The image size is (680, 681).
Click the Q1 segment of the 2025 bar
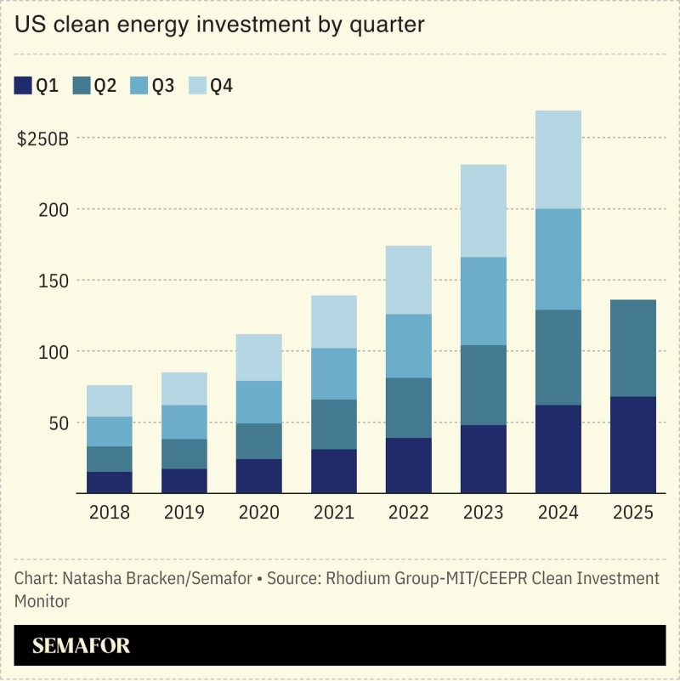pyautogui.click(x=633, y=445)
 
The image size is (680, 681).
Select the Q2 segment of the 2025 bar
pyautogui.click(x=633, y=348)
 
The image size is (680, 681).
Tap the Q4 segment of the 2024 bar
pyautogui.click(x=558, y=159)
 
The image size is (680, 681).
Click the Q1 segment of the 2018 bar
pyautogui.click(x=110, y=482)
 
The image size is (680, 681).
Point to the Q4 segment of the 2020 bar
pyautogui.click(x=259, y=357)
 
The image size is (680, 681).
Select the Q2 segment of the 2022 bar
pyautogui.click(x=409, y=407)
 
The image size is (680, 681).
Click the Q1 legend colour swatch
pyautogui.click(x=23, y=85)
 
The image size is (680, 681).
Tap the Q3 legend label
pyautogui.click(x=163, y=85)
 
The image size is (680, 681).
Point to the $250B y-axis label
pyautogui.click(x=42, y=139)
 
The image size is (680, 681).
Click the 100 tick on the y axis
pyautogui.click(x=54, y=351)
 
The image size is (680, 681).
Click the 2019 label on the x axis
pyautogui.click(x=184, y=513)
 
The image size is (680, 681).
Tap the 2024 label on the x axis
pyautogui.click(x=558, y=513)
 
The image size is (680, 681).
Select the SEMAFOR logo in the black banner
pyautogui.click(x=82, y=645)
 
